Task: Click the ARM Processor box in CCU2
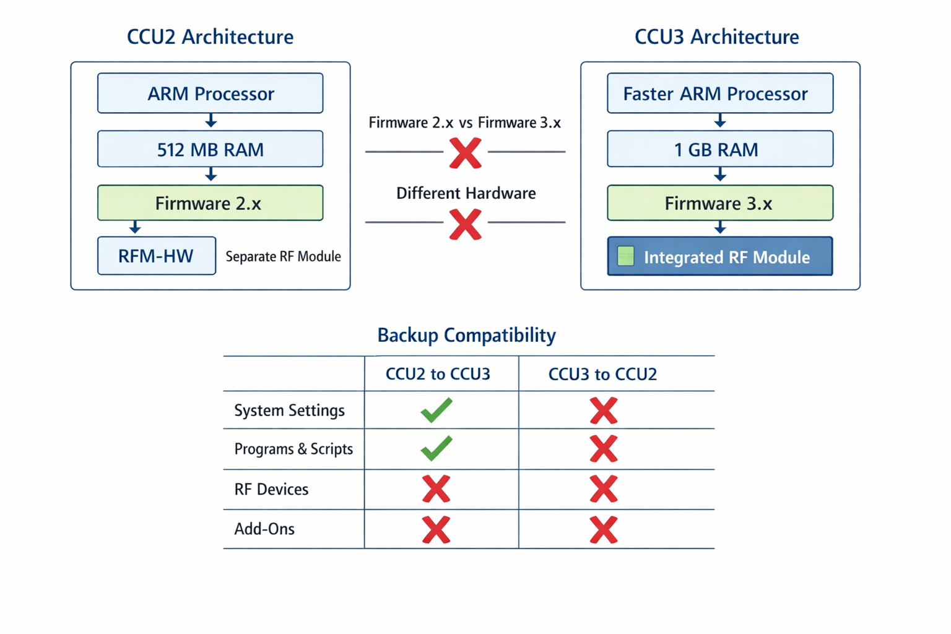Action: tap(210, 93)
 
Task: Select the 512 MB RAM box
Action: tap(210, 149)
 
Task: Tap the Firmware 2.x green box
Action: tap(210, 203)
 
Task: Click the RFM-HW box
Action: tap(156, 256)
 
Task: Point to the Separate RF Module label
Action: tap(283, 256)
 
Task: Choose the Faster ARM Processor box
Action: tap(719, 93)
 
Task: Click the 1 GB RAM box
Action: tap(719, 149)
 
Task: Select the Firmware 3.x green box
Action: tap(719, 203)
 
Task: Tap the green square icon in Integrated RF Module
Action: tap(626, 256)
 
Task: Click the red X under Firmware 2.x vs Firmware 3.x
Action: tap(466, 153)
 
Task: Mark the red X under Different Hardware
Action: tap(466, 224)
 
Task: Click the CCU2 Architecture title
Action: tap(210, 37)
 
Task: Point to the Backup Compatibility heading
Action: tap(466, 335)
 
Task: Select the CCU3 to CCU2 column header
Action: tap(602, 374)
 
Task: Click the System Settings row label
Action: tap(289, 410)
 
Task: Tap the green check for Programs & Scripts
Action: tap(436, 449)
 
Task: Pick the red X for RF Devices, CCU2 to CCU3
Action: tap(436, 489)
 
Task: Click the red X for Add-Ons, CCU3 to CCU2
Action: tap(604, 530)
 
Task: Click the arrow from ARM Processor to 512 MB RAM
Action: tap(211, 121)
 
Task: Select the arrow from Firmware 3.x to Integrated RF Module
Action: tap(719, 228)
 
